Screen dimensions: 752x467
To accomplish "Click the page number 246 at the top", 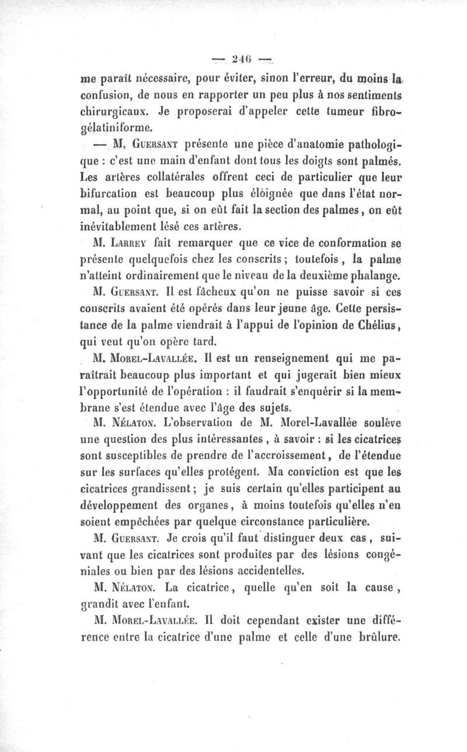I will pos(241,58).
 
